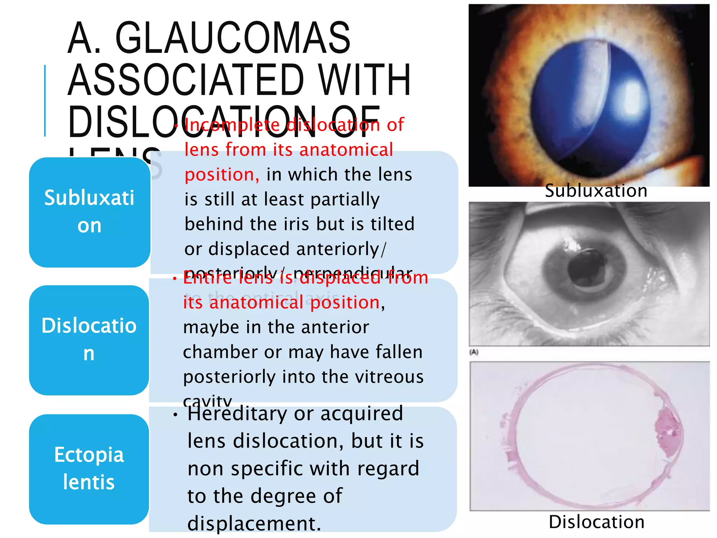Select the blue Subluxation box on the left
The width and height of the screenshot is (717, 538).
(x=89, y=212)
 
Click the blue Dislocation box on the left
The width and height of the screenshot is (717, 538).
(x=89, y=340)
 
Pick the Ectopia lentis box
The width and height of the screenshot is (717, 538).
(x=89, y=469)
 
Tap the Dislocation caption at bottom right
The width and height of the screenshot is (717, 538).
(x=597, y=522)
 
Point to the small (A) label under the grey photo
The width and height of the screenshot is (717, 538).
(x=474, y=352)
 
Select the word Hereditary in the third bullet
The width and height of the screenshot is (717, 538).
(x=237, y=414)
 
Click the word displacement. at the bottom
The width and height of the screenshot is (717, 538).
(x=254, y=524)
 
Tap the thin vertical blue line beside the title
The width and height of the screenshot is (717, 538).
(x=45, y=101)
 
